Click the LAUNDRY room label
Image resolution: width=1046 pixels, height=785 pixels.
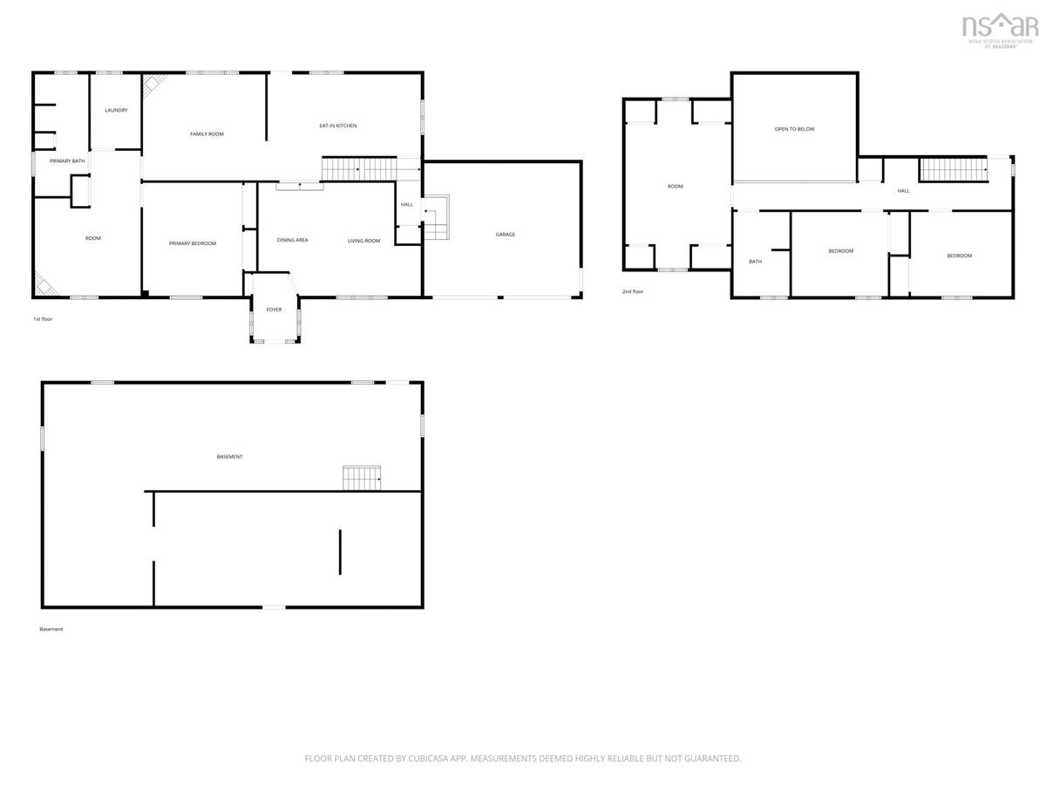pos(116,110)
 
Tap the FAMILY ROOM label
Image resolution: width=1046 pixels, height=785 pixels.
pos(207,134)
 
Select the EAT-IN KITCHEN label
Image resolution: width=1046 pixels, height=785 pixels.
pos(338,126)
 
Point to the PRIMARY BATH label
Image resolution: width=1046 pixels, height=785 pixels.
pos(67,161)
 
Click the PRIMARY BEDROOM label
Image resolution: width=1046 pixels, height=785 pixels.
pos(193,243)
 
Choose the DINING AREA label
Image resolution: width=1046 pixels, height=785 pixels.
pos(292,240)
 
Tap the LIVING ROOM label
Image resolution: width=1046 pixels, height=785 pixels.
pos(363,241)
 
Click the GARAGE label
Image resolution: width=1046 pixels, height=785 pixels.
pos(505,235)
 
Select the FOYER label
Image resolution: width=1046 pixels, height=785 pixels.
pos(274,310)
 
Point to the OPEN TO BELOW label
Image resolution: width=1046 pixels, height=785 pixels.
pos(794,129)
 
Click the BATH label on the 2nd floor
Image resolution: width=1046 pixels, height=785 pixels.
pos(756,261)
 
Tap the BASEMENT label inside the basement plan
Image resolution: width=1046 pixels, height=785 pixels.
pos(230,456)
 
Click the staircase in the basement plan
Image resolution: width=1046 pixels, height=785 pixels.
pos(362,478)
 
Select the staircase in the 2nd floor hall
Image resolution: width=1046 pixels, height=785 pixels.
pos(953,170)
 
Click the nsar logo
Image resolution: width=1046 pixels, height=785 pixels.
pos(1000,30)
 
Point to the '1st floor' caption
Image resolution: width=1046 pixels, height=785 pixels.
pos(43,319)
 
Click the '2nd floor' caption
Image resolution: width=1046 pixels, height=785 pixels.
pos(633,291)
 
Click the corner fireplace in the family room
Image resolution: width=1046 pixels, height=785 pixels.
pos(154,85)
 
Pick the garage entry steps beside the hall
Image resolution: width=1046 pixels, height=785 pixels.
pos(436,217)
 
